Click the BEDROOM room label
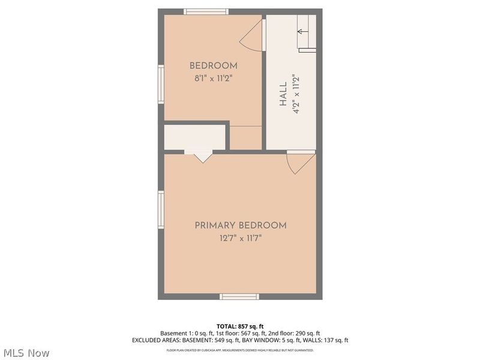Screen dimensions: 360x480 [213, 66]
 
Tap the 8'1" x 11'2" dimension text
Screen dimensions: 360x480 [213, 77]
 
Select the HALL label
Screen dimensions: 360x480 [283, 95]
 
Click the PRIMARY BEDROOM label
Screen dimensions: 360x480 [240, 226]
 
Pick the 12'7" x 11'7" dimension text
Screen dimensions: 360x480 [240, 238]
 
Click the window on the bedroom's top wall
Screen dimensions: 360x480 [206, 11]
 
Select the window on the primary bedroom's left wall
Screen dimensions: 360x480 [161, 209]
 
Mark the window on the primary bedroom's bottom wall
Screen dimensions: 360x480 [239, 296]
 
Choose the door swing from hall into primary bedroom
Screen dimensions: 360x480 [300, 162]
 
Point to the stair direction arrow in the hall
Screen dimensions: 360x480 [303, 31]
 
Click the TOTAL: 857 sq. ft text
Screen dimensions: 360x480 [240, 326]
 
